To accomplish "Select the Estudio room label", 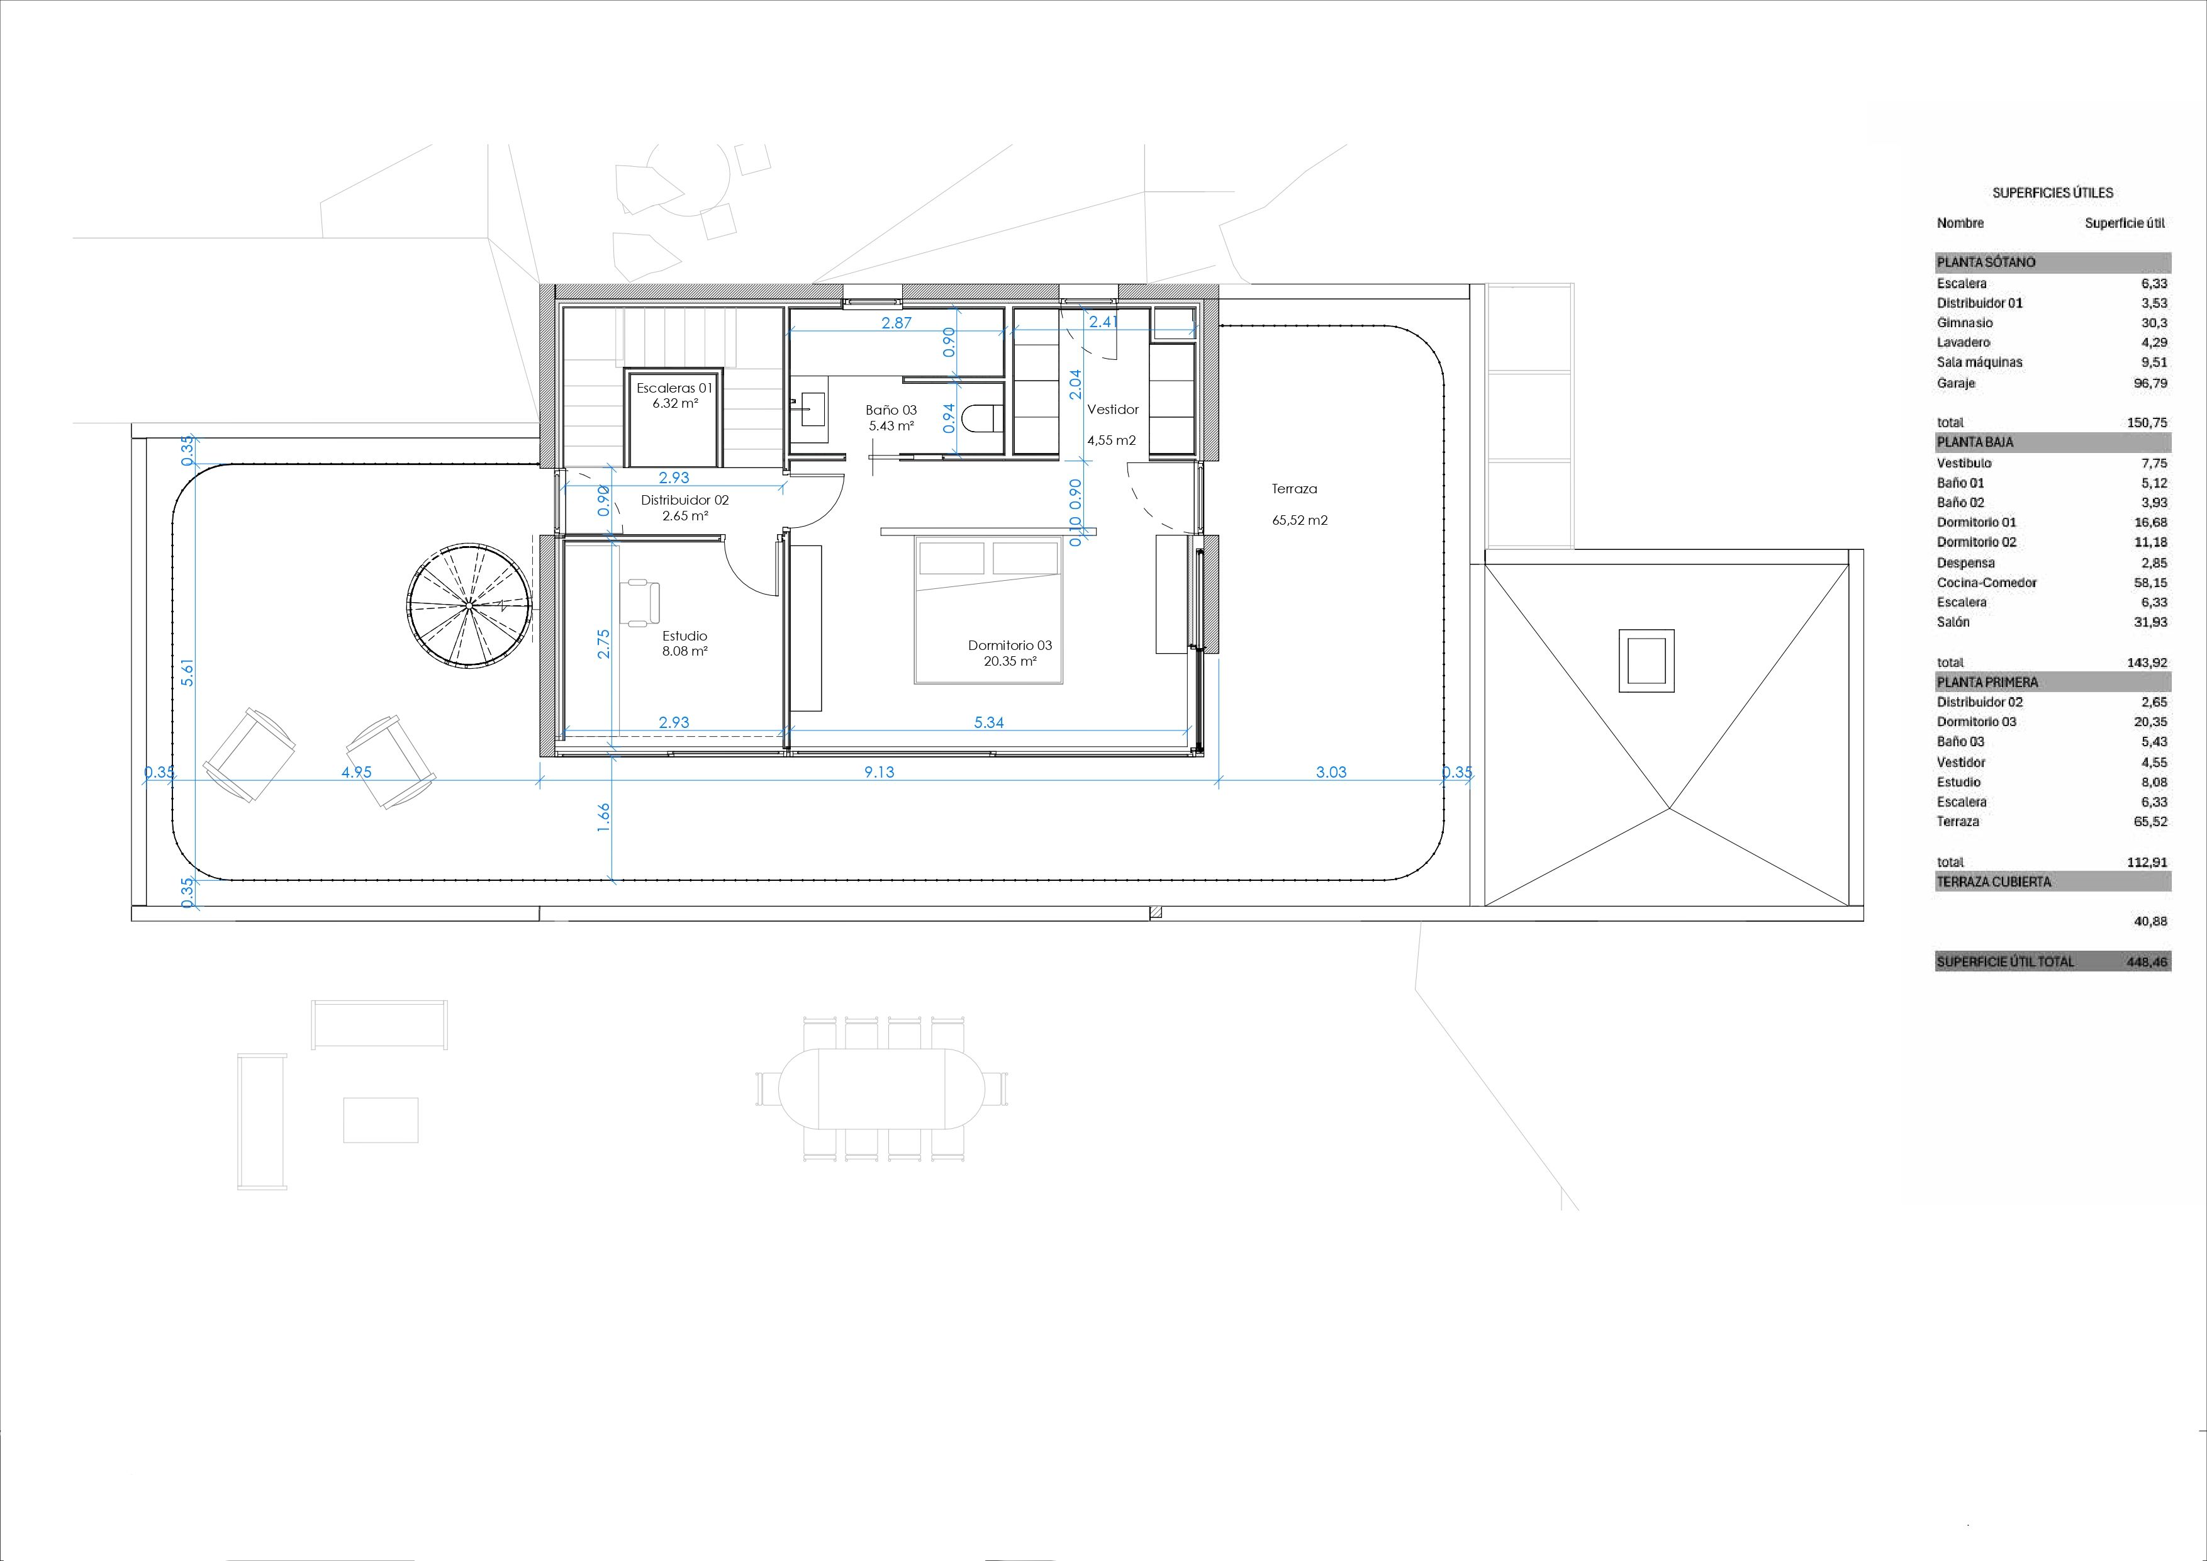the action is click(x=684, y=635).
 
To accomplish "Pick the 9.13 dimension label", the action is click(x=878, y=772).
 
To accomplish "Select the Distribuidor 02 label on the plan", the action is click(x=684, y=500).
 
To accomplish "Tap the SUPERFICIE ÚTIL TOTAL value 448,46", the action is click(x=2147, y=961).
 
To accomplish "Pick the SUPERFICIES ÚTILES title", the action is click(x=2052, y=193).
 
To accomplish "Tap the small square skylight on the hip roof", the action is click(x=1646, y=661).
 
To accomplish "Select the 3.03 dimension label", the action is click(x=1331, y=772).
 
